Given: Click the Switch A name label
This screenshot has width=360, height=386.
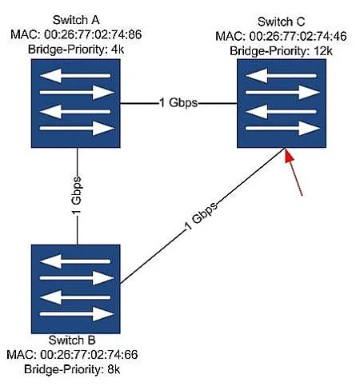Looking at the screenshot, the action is tap(76, 20).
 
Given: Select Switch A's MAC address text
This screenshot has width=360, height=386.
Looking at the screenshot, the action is tap(76, 34).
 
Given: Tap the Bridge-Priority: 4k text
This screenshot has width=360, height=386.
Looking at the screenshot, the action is tap(76, 50).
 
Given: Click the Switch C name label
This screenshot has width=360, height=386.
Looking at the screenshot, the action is tap(281, 22).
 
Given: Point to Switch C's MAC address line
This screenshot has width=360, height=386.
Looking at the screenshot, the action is tap(281, 36).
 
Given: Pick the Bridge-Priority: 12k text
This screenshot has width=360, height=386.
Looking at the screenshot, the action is tap(281, 51).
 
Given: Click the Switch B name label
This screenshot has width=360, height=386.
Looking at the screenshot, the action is tap(72, 340).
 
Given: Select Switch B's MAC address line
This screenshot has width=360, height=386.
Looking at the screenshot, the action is tap(72, 355).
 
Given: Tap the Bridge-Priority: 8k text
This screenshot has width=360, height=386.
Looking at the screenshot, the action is tap(72, 369).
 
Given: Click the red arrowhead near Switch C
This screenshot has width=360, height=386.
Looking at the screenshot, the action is tap(289, 156).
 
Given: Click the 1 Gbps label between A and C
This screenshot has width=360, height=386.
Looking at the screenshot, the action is tap(178, 103).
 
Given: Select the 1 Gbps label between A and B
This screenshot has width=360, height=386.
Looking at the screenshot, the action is tap(76, 195).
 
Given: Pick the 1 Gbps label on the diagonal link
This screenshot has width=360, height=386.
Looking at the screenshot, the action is tap(202, 216).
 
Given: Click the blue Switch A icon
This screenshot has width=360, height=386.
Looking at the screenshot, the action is tap(76, 103).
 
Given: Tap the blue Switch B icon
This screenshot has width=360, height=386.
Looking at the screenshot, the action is tap(76, 289).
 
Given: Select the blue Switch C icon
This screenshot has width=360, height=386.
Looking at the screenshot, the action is tap(282, 103).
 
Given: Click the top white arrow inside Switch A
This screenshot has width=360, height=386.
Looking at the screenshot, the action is tap(75, 76).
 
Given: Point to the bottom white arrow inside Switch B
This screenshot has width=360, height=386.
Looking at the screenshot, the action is tap(77, 314).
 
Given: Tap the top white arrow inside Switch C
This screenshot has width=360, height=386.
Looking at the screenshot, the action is tap(281, 76).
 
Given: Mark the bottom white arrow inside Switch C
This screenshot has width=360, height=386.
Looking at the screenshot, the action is tap(282, 128).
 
